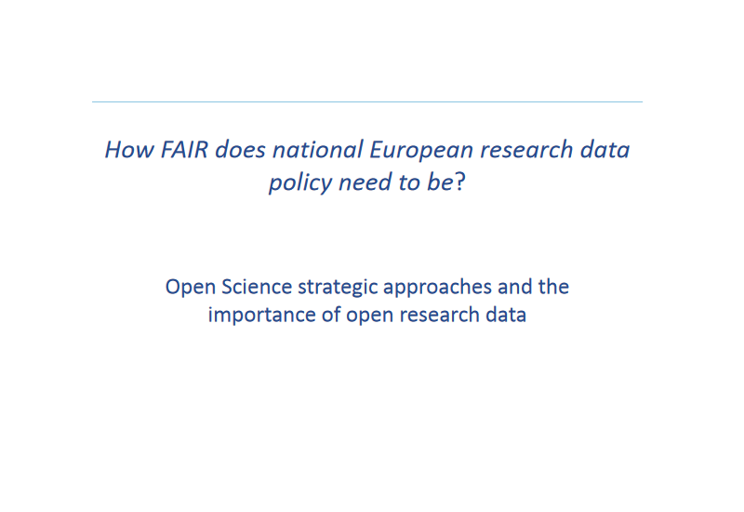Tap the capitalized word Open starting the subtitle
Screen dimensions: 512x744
click(x=189, y=287)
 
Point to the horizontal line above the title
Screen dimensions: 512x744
click(x=367, y=101)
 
